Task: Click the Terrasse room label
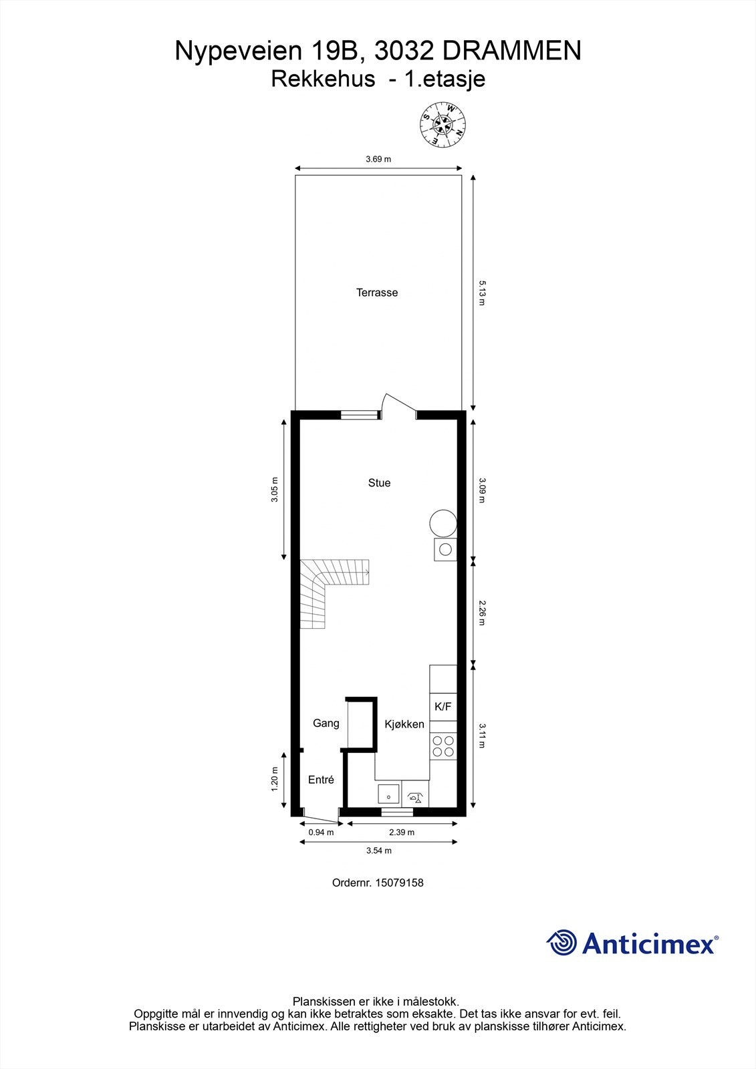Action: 377,293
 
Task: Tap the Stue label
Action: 379,483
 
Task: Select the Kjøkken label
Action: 404,724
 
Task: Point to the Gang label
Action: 326,723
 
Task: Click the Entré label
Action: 321,780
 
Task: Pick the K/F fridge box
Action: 443,707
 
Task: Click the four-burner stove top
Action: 443,746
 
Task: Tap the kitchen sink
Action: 388,795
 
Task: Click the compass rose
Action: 443,124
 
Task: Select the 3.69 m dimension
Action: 378,160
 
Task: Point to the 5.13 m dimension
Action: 481,293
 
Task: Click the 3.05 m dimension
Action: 275,490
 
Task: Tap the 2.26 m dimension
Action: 481,612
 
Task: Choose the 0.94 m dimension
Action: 321,832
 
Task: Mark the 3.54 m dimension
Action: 379,851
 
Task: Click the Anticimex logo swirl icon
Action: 562,943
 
